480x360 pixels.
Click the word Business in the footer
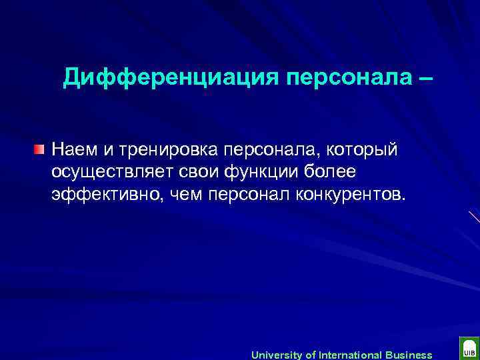click(409, 355)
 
